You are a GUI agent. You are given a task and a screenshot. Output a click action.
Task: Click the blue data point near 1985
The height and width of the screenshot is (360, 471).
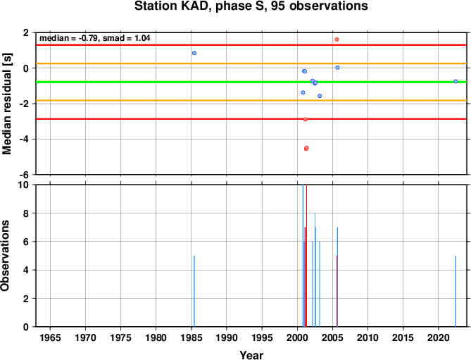click(x=194, y=53)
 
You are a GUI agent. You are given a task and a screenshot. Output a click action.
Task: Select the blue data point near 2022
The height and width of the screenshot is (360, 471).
click(x=456, y=82)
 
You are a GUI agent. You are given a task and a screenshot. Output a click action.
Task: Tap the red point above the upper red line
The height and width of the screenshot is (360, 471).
click(x=337, y=39)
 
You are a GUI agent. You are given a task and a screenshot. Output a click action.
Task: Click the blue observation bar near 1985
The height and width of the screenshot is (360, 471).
click(x=194, y=291)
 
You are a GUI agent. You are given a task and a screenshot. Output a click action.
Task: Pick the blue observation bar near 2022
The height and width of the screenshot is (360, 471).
click(x=456, y=291)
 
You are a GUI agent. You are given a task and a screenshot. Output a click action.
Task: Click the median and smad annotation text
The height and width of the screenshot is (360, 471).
click(x=95, y=38)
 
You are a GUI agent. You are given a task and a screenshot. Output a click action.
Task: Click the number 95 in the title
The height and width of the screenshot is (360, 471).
click(x=278, y=6)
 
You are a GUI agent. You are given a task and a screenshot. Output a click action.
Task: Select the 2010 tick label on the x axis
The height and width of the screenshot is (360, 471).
click(x=368, y=337)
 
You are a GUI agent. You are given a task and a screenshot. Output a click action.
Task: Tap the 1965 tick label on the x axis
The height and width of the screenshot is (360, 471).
click(x=50, y=337)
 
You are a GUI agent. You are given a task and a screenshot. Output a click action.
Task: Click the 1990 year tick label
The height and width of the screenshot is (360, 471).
click(x=227, y=337)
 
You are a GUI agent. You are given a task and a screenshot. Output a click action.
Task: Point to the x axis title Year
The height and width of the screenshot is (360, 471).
click(x=251, y=355)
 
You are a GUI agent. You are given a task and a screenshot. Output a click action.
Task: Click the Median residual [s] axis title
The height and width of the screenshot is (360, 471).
click(x=6, y=104)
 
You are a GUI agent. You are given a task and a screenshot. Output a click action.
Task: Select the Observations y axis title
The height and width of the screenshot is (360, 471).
click(x=5, y=256)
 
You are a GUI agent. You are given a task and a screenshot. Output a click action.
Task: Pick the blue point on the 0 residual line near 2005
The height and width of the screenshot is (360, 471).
click(x=337, y=68)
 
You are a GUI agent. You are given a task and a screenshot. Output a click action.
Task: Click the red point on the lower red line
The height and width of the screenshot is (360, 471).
click(x=306, y=119)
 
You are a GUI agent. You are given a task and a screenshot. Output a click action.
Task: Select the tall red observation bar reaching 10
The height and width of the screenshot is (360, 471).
click(x=306, y=256)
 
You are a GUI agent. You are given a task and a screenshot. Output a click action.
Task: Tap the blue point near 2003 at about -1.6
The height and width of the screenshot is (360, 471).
click(x=320, y=96)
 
